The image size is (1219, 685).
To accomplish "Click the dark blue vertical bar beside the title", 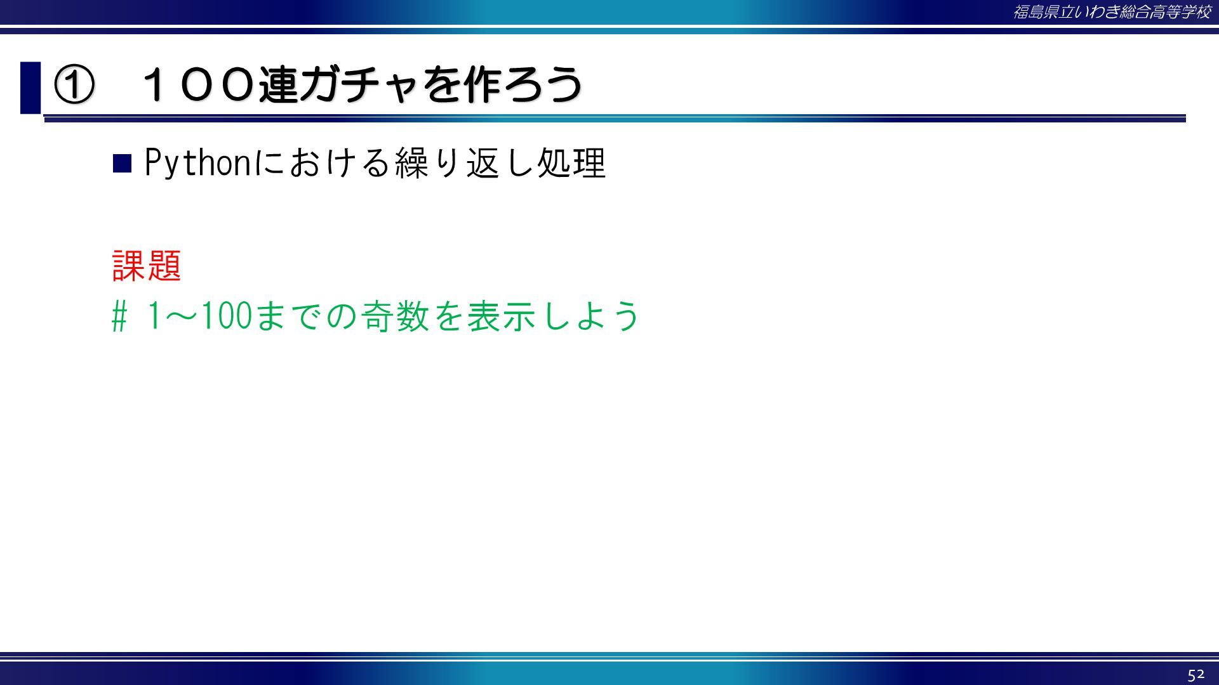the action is pos(30,88).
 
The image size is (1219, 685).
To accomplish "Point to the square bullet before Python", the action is pos(122,164).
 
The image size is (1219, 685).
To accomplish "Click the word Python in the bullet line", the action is pos(199,163).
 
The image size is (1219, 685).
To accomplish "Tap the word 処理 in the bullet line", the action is pos(571,163).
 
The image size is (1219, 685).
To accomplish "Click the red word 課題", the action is pos(147,265).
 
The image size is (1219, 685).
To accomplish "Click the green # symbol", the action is pos(119,316).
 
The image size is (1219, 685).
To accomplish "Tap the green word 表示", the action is pos(502,316).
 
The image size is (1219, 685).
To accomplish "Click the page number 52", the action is pos(1196,674).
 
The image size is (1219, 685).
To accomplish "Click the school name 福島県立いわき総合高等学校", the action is pos(1112,12).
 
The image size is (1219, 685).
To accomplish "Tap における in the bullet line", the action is pos(323,163).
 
